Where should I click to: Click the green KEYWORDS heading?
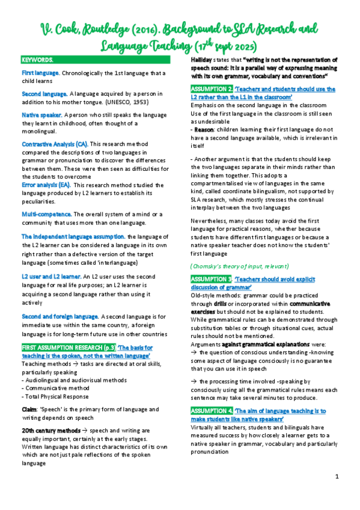click(37, 61)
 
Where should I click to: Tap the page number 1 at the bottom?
click(337, 476)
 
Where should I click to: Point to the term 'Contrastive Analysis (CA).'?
click(55, 145)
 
